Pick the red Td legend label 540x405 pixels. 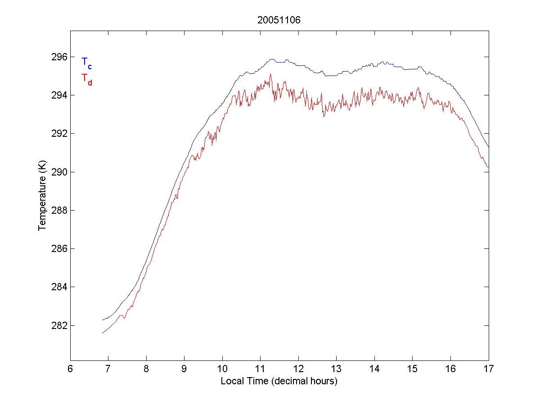click(86, 78)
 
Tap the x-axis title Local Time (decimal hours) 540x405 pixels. click(279, 381)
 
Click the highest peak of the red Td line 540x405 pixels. click(270, 74)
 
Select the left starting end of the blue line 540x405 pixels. click(103, 320)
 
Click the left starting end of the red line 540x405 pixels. click(103, 333)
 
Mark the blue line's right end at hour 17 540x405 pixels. click(488, 147)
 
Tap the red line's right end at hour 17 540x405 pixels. click(488, 167)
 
